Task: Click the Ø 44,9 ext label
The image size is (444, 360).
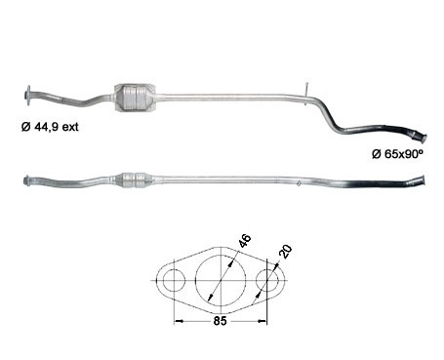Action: point(50,127)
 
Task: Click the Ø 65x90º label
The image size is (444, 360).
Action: point(398,153)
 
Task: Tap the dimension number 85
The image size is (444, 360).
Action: point(220,321)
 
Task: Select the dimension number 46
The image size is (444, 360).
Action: point(245,241)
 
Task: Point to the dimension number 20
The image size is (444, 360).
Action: point(285,252)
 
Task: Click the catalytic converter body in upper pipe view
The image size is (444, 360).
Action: point(135,98)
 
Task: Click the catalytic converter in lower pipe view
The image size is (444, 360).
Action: point(133,180)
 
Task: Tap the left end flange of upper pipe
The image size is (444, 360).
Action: point(28,96)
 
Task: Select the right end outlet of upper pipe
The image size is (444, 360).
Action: point(422,137)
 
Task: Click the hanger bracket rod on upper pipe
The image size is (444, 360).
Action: point(306,94)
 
